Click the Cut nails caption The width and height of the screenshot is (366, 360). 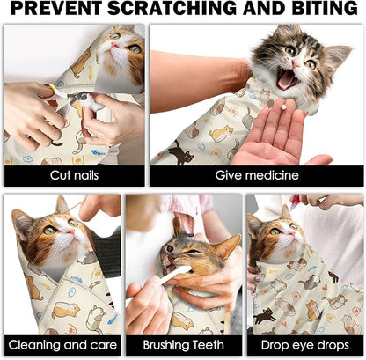click(x=73, y=175)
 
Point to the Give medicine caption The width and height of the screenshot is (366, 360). click(x=255, y=175)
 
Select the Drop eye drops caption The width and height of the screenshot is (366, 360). click(x=304, y=344)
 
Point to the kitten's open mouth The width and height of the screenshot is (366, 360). click(x=288, y=80)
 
